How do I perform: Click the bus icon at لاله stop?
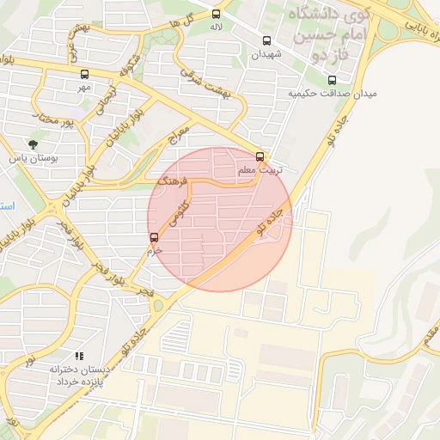click(216, 14)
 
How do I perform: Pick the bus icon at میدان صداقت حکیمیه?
click(332, 81)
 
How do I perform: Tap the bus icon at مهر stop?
click(83, 74)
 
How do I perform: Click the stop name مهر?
click(83, 87)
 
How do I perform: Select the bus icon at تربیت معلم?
click(261, 157)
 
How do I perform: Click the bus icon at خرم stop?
click(154, 237)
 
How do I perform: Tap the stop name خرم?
click(154, 250)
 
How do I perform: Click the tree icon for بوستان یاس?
click(33, 145)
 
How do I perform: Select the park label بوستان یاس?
click(32, 158)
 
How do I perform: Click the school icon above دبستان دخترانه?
click(79, 355)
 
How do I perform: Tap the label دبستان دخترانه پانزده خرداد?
click(79, 374)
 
